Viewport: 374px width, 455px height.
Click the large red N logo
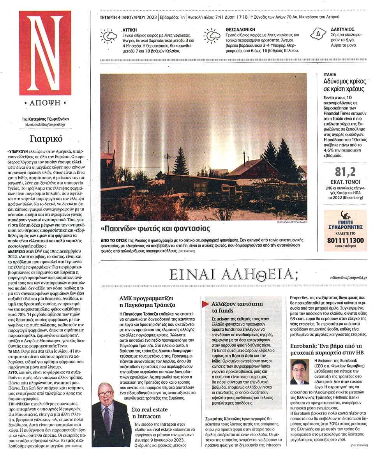[x=45, y=53]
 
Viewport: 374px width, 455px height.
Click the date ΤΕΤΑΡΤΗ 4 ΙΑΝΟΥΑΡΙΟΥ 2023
[x=128, y=17]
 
